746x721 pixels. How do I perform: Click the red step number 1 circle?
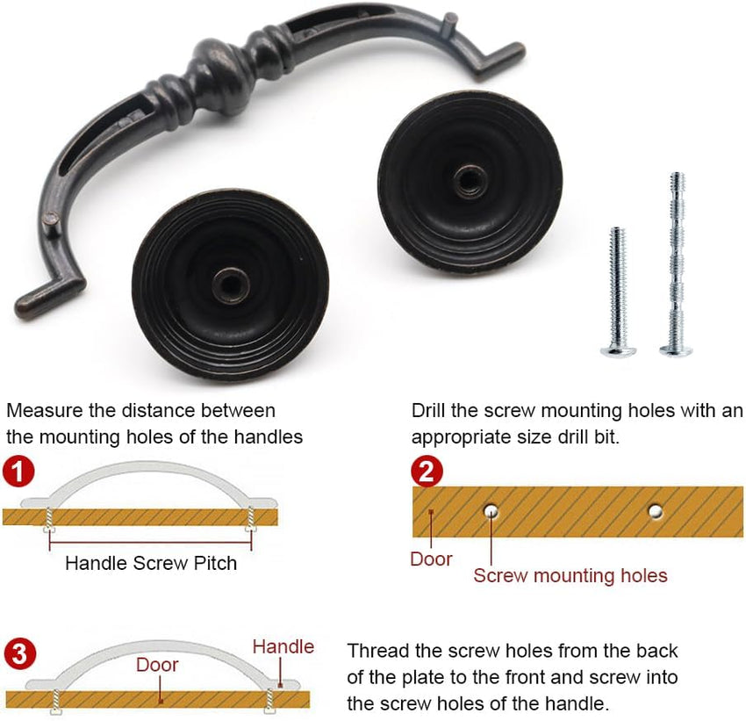(x=18, y=472)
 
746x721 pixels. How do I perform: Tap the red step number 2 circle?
(x=427, y=471)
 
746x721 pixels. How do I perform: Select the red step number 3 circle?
(x=19, y=654)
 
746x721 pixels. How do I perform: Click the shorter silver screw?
(x=618, y=292)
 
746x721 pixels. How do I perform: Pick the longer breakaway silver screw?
(x=677, y=264)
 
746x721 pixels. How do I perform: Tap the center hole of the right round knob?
(x=470, y=181)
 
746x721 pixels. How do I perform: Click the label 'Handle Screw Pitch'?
(x=151, y=563)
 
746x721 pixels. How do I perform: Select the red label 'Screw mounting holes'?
(x=570, y=576)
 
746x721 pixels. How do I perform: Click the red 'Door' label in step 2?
(x=431, y=559)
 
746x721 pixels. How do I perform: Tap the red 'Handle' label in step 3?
(x=283, y=646)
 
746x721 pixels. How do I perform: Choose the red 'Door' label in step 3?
(x=157, y=665)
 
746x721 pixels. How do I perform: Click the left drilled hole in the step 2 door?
(x=491, y=511)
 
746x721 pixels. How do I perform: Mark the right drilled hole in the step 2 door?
(x=656, y=512)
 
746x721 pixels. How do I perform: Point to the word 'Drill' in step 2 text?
(x=428, y=410)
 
